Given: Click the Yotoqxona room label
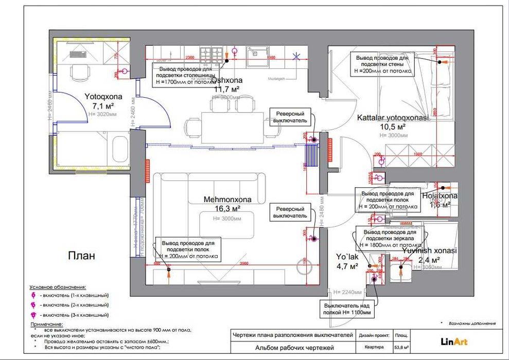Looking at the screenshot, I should coord(103,96).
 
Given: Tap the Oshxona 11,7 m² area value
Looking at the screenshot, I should coord(227,89).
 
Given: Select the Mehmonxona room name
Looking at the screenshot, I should coord(227,200).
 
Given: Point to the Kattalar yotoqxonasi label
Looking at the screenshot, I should coord(393,118).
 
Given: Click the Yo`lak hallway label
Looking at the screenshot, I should coord(347,257).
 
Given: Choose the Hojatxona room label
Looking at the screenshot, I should coord(440,196).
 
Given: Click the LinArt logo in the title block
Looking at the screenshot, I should coord(454,340).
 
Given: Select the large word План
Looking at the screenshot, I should coord(82,256).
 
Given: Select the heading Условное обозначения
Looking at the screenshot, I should coord(58,286).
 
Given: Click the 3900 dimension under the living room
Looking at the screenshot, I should coord(244,264).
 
